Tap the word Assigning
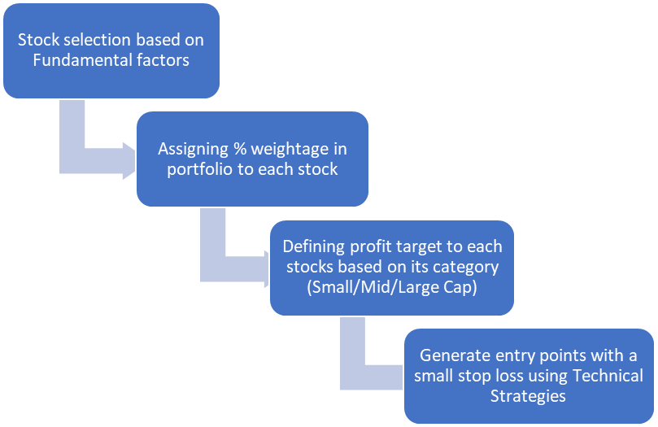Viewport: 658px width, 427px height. coord(193,150)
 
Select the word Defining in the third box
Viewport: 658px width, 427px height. coord(313,247)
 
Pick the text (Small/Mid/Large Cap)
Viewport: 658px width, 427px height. coord(392,287)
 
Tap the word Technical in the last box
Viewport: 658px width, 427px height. coord(608,376)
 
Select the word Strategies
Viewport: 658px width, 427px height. coord(528,396)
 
